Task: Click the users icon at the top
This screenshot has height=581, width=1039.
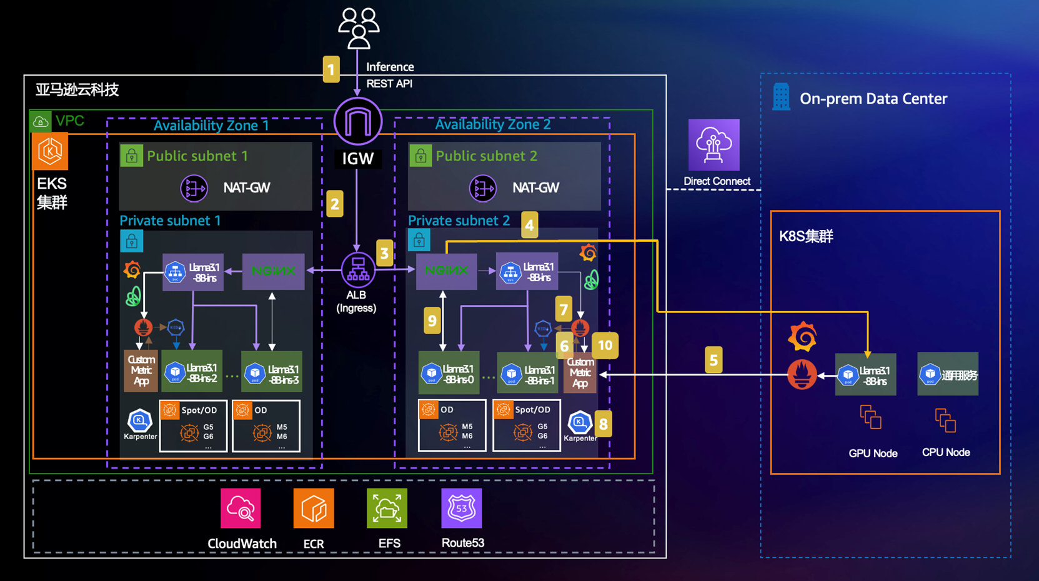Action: [x=359, y=28]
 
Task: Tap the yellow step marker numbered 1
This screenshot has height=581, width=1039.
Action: [x=331, y=69]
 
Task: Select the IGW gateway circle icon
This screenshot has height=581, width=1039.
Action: [x=358, y=121]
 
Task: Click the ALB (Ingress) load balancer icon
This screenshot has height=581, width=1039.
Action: [x=358, y=270]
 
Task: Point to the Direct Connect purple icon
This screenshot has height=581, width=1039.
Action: [x=713, y=145]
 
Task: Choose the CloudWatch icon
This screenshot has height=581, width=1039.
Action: [x=241, y=509]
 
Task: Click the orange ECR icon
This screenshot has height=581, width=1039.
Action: [x=314, y=509]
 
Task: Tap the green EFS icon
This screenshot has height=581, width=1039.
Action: [x=387, y=509]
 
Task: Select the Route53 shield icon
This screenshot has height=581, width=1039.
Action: [x=462, y=509]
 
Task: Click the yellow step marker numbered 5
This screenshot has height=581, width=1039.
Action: [x=713, y=360]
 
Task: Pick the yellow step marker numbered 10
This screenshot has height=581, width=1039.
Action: [x=605, y=345]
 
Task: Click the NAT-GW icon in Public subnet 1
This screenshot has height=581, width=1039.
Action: [x=194, y=188]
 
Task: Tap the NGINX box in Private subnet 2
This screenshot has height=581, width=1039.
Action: [x=447, y=271]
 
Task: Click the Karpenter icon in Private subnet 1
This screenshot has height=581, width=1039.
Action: [x=140, y=421]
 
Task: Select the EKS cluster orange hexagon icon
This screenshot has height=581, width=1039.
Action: [x=51, y=151]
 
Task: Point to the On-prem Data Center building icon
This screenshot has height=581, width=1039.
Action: [x=781, y=97]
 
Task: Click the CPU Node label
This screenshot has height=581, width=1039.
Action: [x=946, y=452]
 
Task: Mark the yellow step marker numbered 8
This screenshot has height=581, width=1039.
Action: [x=603, y=425]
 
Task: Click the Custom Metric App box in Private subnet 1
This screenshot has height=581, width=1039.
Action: [x=141, y=371]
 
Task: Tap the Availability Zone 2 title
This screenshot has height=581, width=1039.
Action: [x=493, y=124]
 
